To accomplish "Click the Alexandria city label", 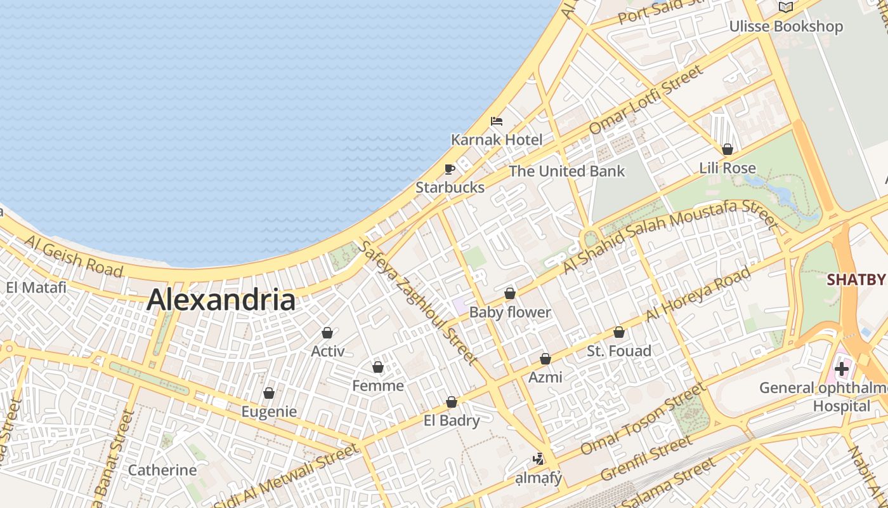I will click(221, 300).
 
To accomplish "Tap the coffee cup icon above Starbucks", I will click(450, 169).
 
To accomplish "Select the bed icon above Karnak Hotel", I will click(497, 121).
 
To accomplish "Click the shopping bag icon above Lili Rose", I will click(728, 149).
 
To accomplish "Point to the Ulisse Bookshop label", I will click(786, 27).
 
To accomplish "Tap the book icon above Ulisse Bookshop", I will click(786, 7).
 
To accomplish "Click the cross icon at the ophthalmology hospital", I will click(842, 368).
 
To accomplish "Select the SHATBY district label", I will click(856, 280).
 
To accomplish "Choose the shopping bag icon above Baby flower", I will click(509, 293).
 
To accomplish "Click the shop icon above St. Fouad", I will click(619, 332).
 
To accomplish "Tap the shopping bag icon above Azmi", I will click(545, 359).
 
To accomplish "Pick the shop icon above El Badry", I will click(452, 402).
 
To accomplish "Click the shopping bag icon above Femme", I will click(378, 367).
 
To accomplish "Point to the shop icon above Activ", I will click(327, 333).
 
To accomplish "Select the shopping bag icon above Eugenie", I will click(269, 393).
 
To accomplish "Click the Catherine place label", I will click(162, 471).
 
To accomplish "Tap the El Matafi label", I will click(36, 288).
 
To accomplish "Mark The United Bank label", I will click(566, 171).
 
